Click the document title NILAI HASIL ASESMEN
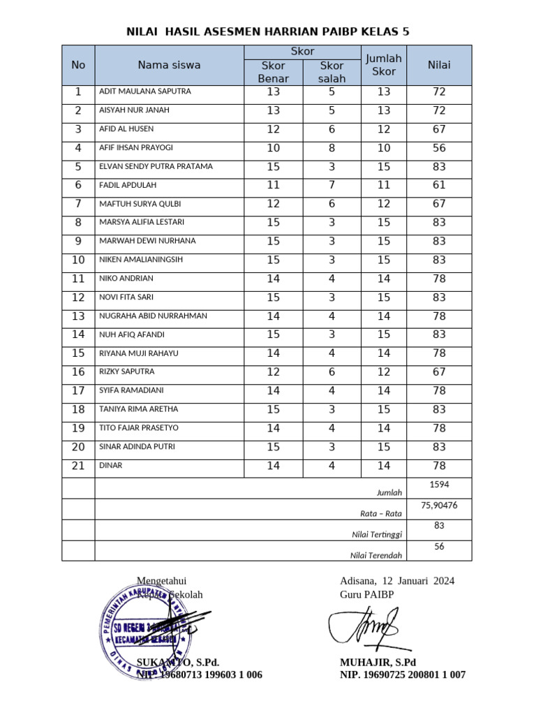pyautogui.click(x=267, y=31)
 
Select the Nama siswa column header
pyautogui.click(x=169, y=65)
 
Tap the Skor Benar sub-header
pyautogui.click(x=273, y=72)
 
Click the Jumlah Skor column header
pyautogui.click(x=384, y=65)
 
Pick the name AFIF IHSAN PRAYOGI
pyautogui.click(x=136, y=148)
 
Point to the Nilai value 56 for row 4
pyautogui.click(x=439, y=148)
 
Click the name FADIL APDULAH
pyautogui.click(x=128, y=185)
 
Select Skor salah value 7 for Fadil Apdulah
pyautogui.click(x=332, y=185)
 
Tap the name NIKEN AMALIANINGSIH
pyautogui.click(x=141, y=260)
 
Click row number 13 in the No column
pyautogui.click(x=78, y=316)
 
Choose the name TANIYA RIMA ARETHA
pyautogui.click(x=139, y=409)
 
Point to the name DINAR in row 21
pyautogui.click(x=111, y=466)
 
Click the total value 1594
pyautogui.click(x=439, y=484)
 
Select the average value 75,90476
pyautogui.click(x=439, y=505)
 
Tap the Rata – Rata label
pyautogui.click(x=380, y=514)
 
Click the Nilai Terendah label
pyautogui.click(x=376, y=556)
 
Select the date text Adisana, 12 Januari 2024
pyautogui.click(x=396, y=581)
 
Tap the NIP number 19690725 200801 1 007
pyautogui.click(x=403, y=675)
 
